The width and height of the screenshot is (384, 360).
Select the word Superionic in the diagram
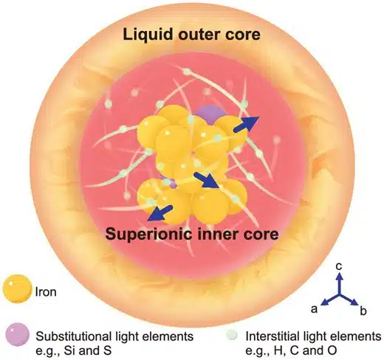pos(148,234)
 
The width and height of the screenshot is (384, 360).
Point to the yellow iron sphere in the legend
pos(17,288)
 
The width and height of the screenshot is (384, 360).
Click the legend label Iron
pos(46,292)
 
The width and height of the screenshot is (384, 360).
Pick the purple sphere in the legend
pos(17,335)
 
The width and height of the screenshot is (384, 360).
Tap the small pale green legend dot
pos(232,335)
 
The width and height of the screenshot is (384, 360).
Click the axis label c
pos(339,266)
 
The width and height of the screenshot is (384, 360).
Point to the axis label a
pos(314,309)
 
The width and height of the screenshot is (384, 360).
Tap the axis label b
pos(363,311)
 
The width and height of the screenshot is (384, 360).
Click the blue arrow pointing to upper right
pos(246,124)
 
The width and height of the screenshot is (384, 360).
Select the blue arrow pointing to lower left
pos(160,213)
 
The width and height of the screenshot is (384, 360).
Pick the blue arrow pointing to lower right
pos(207,180)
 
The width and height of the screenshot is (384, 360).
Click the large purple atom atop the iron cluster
pos(211,114)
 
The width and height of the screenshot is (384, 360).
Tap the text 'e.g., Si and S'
pos(74,350)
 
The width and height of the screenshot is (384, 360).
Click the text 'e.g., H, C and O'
pos(291,350)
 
